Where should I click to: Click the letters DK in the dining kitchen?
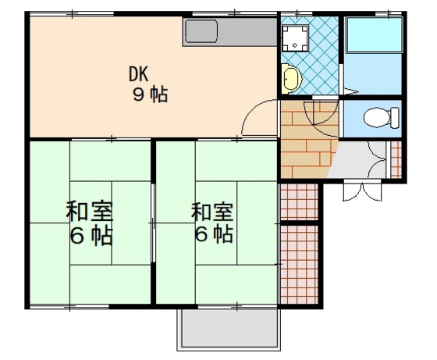click(x=138, y=76)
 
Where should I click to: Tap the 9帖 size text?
click(x=150, y=95)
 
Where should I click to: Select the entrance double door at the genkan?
click(x=360, y=191)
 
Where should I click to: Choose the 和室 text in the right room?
click(x=212, y=211)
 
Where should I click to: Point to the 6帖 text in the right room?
click(x=213, y=233)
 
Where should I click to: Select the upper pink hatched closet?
click(x=298, y=201)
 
